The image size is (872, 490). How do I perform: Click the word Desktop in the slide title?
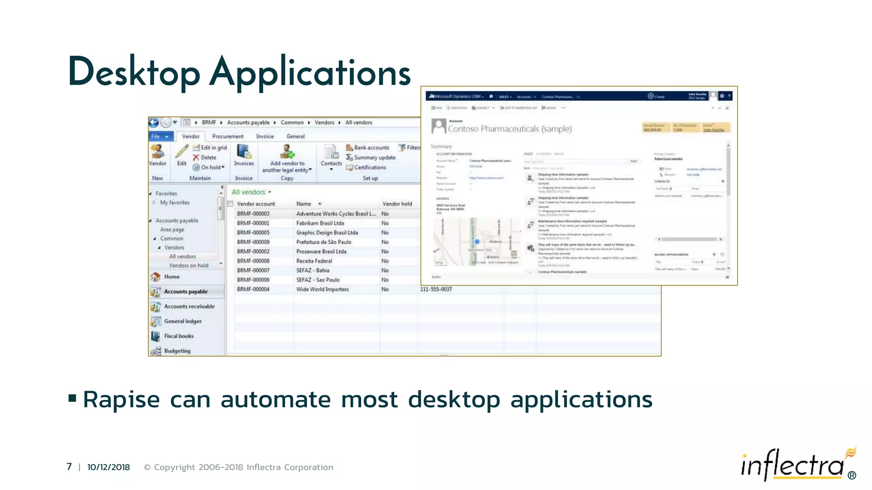pyautogui.click(x=134, y=72)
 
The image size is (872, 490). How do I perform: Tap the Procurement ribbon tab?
pyautogui.click(x=228, y=137)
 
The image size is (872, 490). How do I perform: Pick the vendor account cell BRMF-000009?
pyautogui.click(x=253, y=242)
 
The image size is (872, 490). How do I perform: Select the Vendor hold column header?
pyautogui.click(x=397, y=204)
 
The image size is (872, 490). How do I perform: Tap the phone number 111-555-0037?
pyautogui.click(x=436, y=289)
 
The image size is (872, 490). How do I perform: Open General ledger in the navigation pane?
pyautogui.click(x=183, y=321)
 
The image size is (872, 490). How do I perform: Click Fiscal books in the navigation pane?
pyautogui.click(x=179, y=336)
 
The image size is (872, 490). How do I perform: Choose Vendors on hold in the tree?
pyautogui.click(x=189, y=265)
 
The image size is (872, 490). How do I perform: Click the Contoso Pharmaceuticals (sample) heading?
pyautogui.click(x=509, y=129)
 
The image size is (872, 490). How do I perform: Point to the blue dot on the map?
pyautogui.click(x=477, y=242)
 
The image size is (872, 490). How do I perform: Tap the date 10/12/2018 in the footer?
pyautogui.click(x=109, y=467)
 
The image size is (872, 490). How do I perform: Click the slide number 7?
pyautogui.click(x=69, y=467)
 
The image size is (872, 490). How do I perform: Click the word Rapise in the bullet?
pyautogui.click(x=121, y=400)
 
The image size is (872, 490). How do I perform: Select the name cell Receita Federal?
pyautogui.click(x=314, y=261)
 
